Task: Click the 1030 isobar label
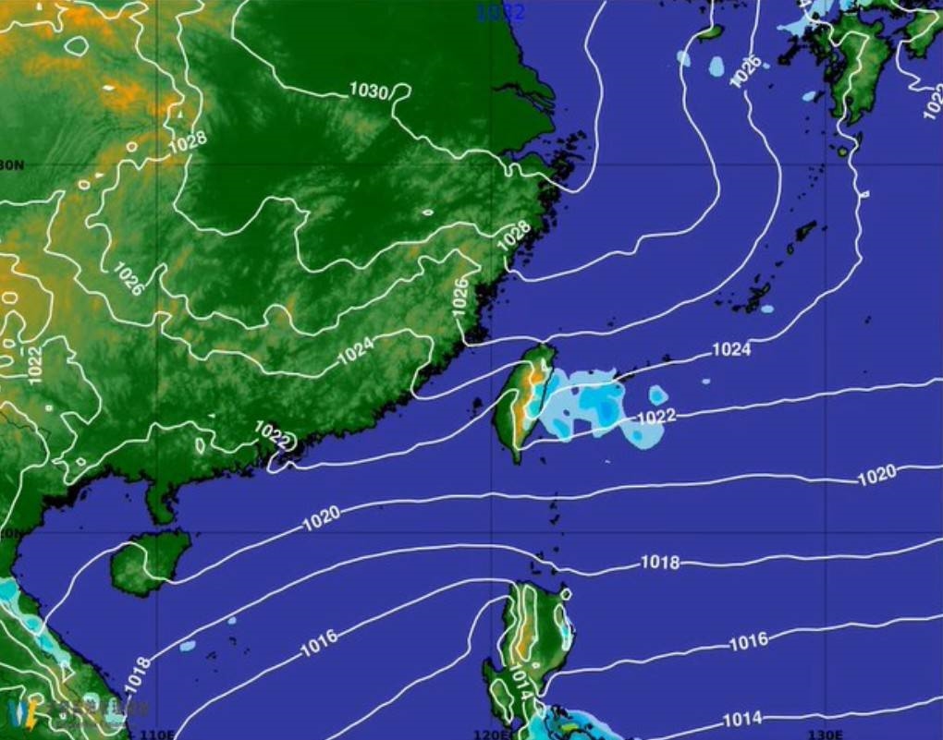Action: tap(368, 91)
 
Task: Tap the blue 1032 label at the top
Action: tap(500, 12)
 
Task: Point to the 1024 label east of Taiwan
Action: tap(730, 350)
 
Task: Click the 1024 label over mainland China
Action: tap(355, 351)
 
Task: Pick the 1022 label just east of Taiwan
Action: tap(656, 417)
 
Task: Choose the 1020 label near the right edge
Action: tap(876, 475)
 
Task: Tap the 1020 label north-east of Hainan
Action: tap(321, 520)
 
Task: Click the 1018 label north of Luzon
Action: tap(660, 563)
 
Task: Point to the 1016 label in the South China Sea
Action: tap(318, 644)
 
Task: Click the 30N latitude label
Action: tap(11, 165)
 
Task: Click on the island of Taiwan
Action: tap(522, 402)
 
